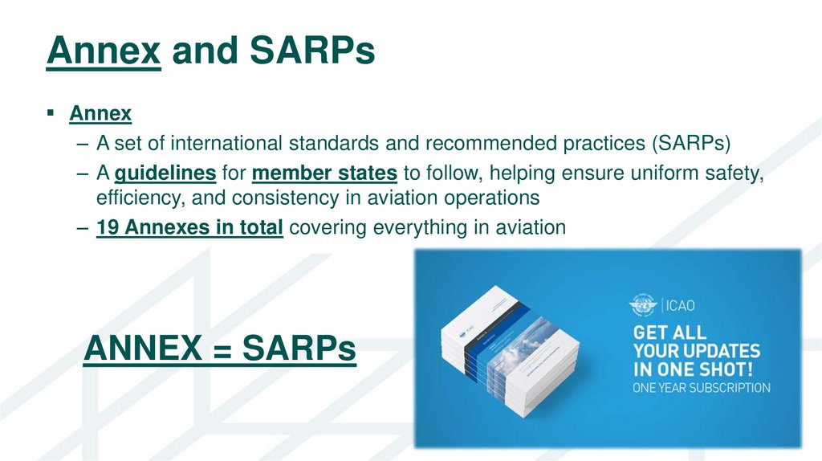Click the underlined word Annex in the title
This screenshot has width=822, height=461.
(104, 51)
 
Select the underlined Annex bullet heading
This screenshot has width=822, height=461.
(100, 114)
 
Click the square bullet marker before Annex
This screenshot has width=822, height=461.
(51, 114)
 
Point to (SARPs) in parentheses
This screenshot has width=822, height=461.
(688, 144)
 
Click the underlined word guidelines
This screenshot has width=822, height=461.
(165, 173)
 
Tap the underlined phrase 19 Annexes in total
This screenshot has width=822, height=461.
(189, 228)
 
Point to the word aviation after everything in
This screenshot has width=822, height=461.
(528, 228)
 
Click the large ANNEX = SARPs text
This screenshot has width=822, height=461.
(219, 349)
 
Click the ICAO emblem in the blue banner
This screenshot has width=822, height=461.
(645, 304)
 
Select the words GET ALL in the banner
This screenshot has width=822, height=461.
(670, 332)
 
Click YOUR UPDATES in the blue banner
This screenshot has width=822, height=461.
(696, 351)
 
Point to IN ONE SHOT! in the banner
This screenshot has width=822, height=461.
(692, 370)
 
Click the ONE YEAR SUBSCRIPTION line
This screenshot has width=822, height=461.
(701, 389)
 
